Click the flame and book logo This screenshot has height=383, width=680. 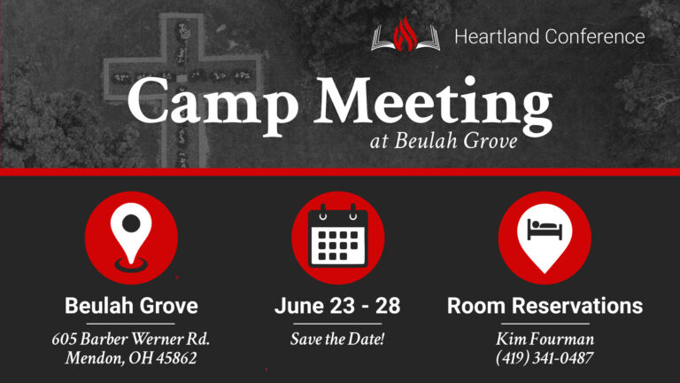(405, 36)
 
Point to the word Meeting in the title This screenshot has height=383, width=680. (430, 105)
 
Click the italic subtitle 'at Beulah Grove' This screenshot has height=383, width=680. (444, 142)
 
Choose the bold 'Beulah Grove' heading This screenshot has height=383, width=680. (131, 307)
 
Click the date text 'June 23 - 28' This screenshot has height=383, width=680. (337, 307)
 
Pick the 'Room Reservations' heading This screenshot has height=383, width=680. (545, 307)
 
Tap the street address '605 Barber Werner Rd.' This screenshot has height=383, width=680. (131, 340)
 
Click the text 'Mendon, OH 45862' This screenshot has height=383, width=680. (131, 359)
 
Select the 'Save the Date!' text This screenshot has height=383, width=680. (337, 340)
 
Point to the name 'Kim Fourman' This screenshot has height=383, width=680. (545, 340)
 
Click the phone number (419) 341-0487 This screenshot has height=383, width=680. (545, 359)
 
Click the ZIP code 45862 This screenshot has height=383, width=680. (174, 359)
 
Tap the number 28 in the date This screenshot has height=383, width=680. (388, 307)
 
